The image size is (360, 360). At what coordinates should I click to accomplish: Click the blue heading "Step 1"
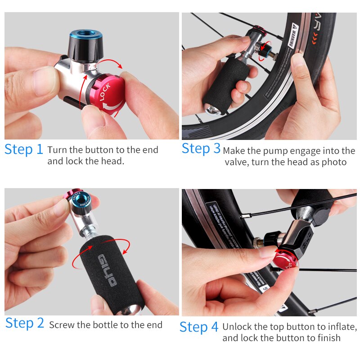pos(24,149)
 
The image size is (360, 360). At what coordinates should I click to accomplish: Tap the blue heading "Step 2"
pos(25,323)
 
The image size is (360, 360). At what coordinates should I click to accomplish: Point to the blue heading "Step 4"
pos(199,327)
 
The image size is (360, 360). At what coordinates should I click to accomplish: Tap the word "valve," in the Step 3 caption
pos(235,162)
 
